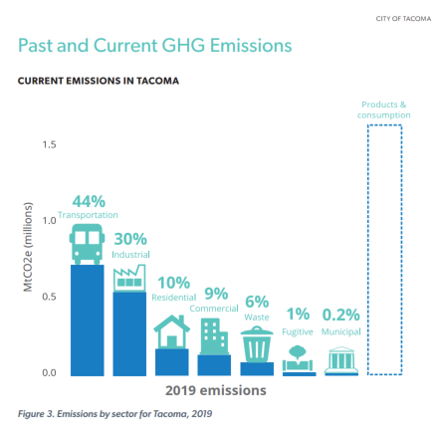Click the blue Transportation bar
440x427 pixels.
tap(88, 320)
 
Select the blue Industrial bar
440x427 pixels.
tap(129, 333)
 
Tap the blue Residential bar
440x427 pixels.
tap(172, 362)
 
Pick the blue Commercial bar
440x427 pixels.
tap(214, 365)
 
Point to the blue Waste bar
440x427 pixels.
tap(257, 369)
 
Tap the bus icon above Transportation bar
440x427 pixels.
tap(87, 244)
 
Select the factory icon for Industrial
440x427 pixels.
tap(129, 278)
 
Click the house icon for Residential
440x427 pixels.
tap(171, 331)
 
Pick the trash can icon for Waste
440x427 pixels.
tap(257, 343)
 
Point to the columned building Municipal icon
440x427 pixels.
tap(341, 360)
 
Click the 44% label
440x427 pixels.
tap(89, 201)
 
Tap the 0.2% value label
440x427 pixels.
tap(341, 315)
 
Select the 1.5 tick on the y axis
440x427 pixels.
tap(49, 144)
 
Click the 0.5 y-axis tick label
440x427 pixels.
tap(49, 297)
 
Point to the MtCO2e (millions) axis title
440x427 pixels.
tap(28, 247)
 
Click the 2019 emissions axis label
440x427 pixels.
tap(216, 390)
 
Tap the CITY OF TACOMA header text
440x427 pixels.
tap(403, 19)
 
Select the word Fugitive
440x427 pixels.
tap(298, 331)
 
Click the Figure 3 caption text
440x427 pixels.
tap(114, 414)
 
